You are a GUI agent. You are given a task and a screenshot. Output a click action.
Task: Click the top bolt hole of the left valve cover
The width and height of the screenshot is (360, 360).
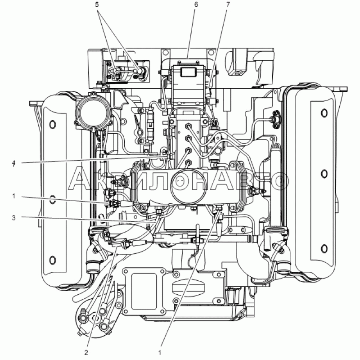point(53,125)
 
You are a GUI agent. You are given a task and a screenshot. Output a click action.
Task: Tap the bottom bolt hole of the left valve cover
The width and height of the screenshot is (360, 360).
point(53,260)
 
